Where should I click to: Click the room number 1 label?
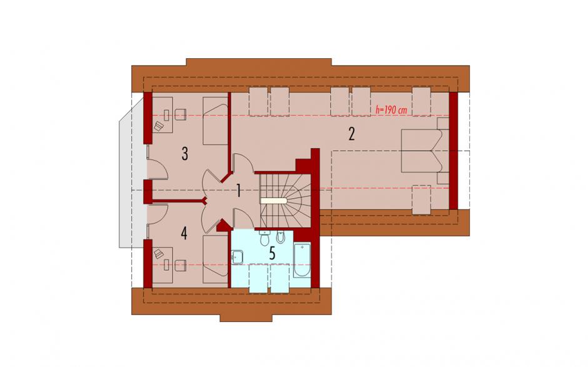coord(238,191)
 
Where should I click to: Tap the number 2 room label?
coord(352,134)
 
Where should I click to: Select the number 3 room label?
coord(185,154)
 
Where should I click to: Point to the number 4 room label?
coord(184,233)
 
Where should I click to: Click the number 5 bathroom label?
coord(272,253)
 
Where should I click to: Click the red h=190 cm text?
coord(391,110)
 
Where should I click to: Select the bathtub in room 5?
coord(302,261)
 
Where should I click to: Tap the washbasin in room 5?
coord(237,257)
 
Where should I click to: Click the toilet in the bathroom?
coord(265,238)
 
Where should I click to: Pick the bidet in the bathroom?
coord(280,236)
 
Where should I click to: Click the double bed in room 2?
coord(425,150)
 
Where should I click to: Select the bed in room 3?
coord(216,121)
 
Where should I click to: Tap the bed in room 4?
coord(216,259)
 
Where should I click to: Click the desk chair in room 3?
coord(180,114)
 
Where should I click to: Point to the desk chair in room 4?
coord(180,266)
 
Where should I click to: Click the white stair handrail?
coord(274,201)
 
